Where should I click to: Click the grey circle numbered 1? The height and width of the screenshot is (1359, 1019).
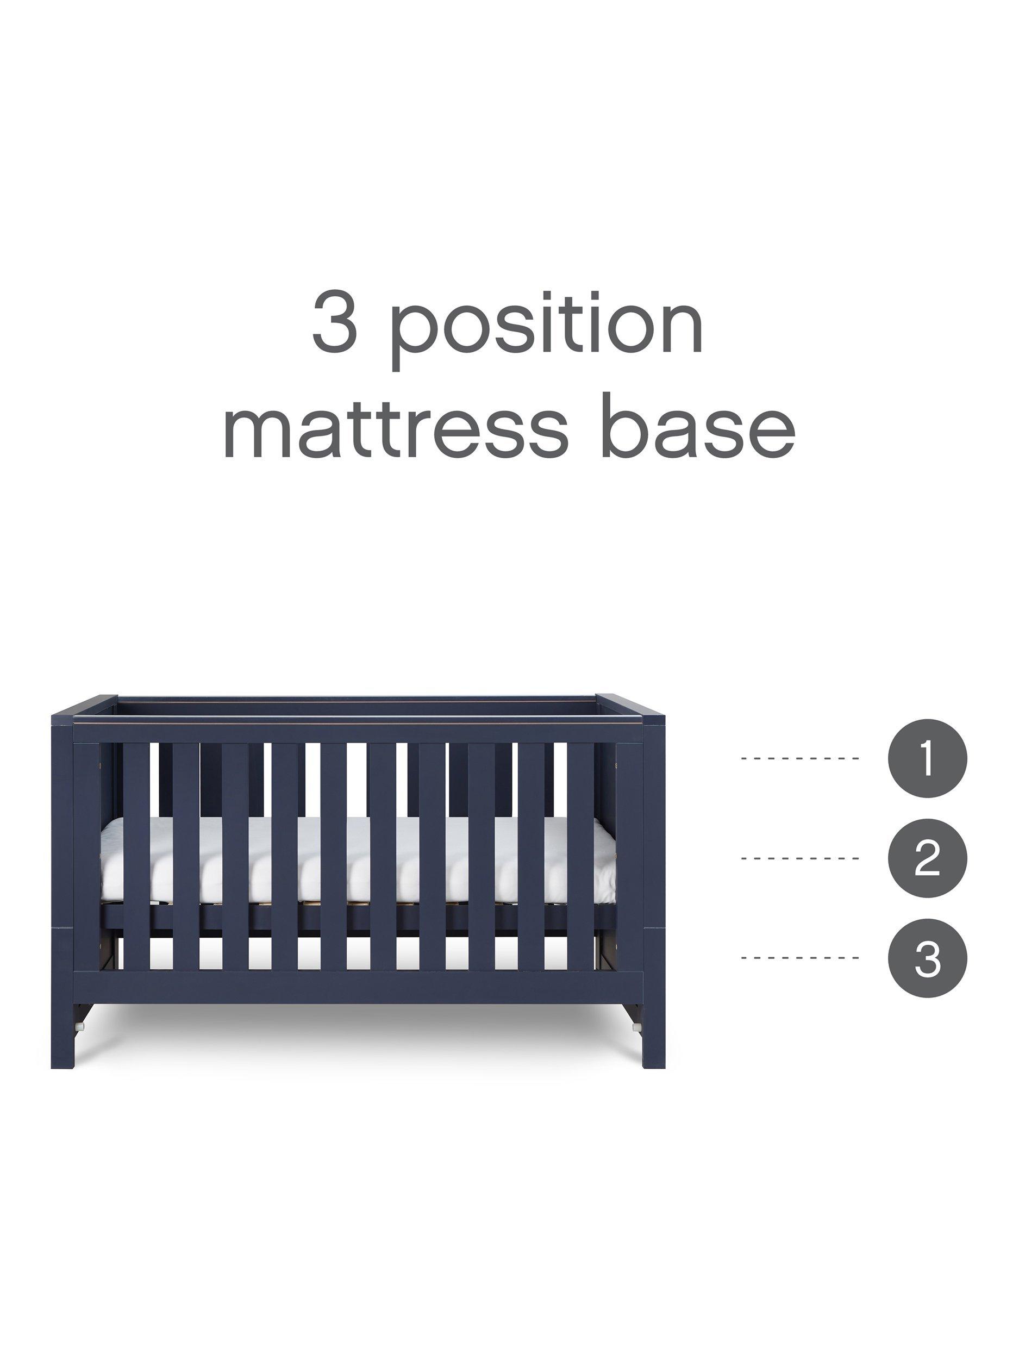point(928,759)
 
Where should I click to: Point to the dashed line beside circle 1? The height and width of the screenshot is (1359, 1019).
point(801,759)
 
